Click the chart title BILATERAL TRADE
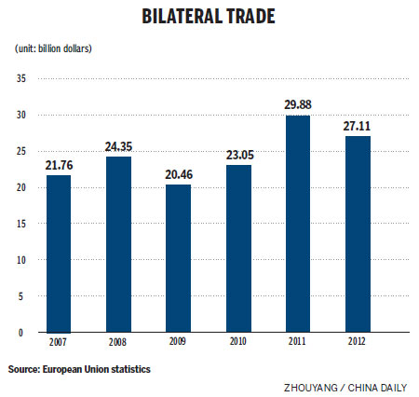[x=210, y=18]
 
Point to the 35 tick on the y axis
[x=21, y=78]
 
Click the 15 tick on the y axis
[x=21, y=224]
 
